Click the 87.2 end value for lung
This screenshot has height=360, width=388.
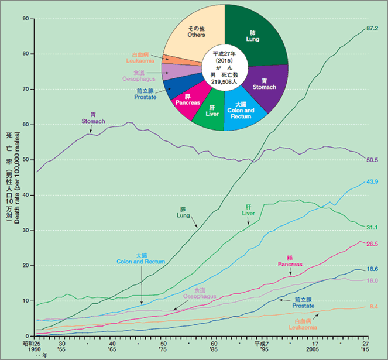tap(373, 28)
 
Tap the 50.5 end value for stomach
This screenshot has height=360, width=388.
tap(373, 159)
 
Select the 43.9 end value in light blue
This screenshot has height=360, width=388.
tap(373, 182)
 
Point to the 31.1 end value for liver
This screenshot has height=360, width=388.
tap(373, 227)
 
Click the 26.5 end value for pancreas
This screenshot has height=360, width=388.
tap(373, 244)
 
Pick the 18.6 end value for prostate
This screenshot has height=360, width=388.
tap(373, 269)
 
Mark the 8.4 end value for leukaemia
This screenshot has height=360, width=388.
tap(373, 306)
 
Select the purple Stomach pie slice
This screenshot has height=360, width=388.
tap(264, 84)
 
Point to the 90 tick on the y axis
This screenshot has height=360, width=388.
tap(25, 19)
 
